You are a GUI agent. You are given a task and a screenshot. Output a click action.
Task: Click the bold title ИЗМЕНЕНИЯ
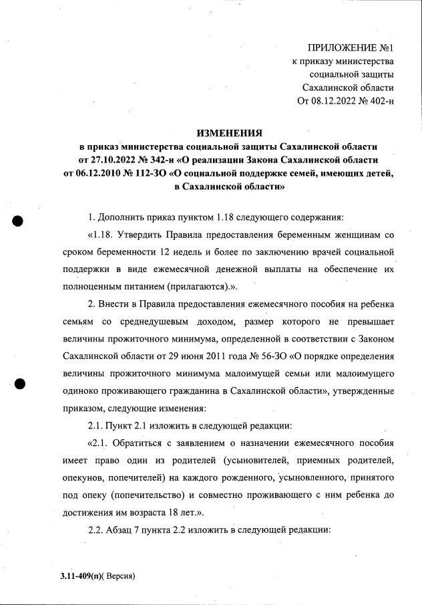[229, 133]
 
